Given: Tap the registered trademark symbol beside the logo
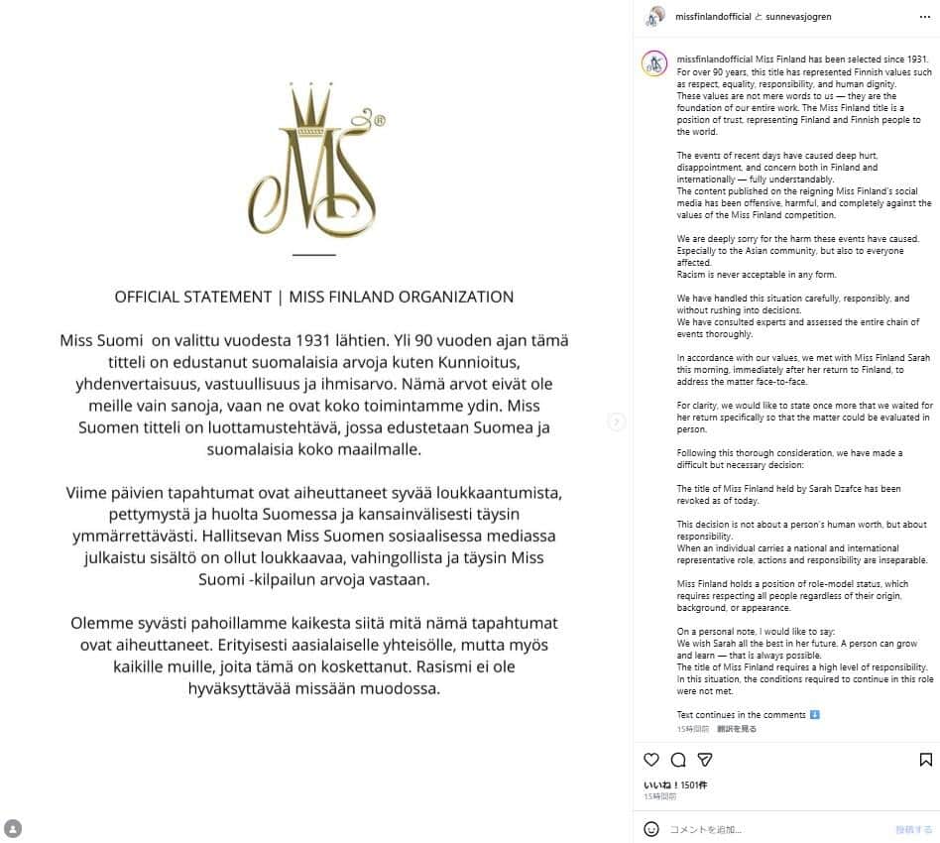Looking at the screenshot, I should [379, 120].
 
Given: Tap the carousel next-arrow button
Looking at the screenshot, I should [617, 421].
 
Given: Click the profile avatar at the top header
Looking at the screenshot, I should [654, 17].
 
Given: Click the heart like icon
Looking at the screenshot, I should [651, 760].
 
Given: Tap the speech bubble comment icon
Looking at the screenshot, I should [678, 760].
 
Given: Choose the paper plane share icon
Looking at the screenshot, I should [705, 760].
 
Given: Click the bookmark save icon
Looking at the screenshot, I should [925, 760].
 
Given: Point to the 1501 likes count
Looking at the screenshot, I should [692, 784].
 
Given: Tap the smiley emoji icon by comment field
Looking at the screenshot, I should [651, 829].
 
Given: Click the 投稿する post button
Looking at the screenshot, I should [913, 829].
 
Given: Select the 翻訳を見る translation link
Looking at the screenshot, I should [737, 728].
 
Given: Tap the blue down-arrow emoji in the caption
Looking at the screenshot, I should [814, 714].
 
